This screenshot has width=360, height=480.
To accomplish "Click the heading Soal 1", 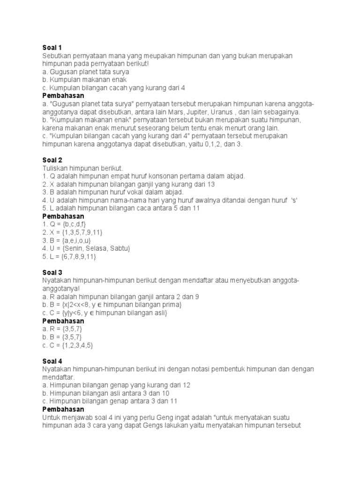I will click(x=52, y=48).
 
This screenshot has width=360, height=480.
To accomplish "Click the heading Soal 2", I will click(x=52, y=160).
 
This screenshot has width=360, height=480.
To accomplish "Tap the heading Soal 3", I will click(x=52, y=272).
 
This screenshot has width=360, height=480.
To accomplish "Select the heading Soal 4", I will click(x=52, y=361).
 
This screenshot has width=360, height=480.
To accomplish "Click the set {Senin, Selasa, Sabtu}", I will click(x=96, y=248).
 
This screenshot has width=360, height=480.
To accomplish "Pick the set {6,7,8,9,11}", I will click(x=81, y=256).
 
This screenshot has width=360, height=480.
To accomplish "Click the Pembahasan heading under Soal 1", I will click(x=63, y=96).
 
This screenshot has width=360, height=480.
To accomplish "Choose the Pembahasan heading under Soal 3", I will click(x=63, y=321).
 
